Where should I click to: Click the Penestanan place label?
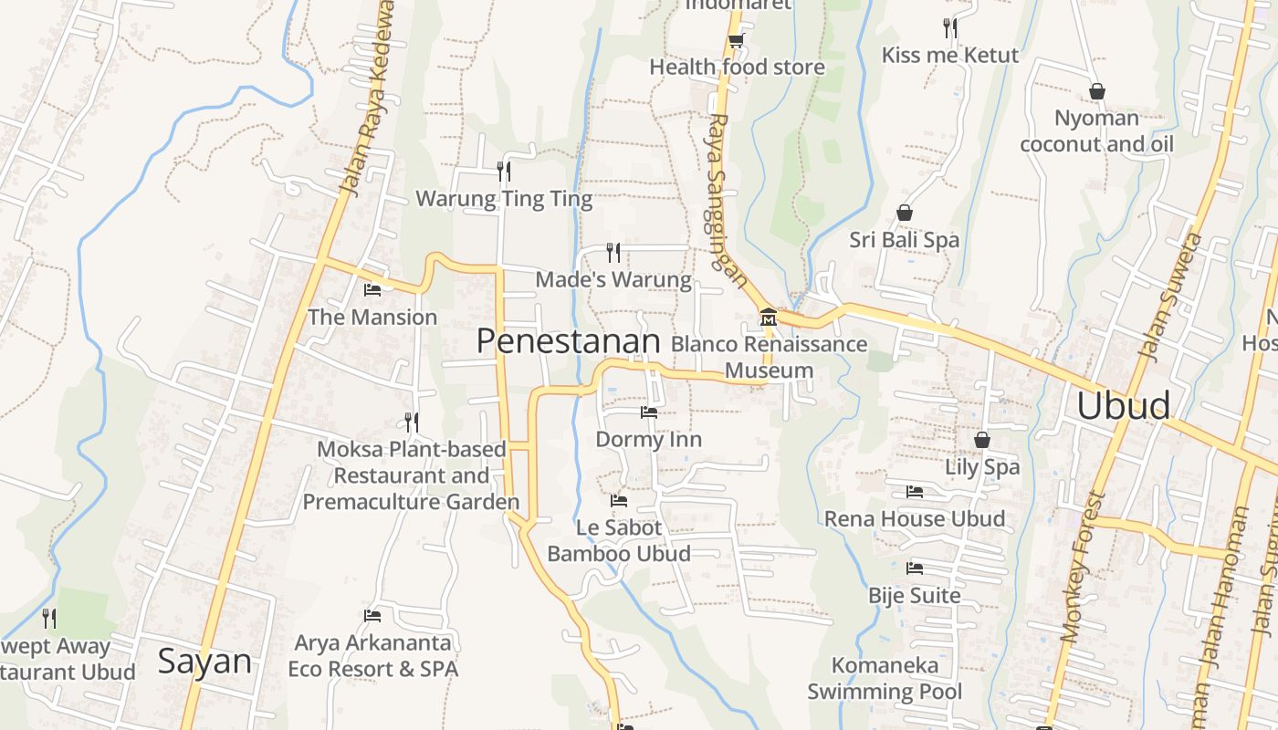[568, 341]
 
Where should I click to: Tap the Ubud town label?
[1123, 406]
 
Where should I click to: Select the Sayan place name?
[204, 662]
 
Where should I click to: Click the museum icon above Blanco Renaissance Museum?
[768, 318]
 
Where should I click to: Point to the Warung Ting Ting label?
[504, 199]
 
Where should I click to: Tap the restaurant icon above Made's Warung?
[613, 252]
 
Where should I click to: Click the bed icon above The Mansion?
[372, 290]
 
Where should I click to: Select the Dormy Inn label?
[648, 440]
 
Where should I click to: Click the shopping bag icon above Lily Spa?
[982, 440]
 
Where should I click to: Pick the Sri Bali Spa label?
[904, 240]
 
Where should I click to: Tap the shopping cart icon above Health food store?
[736, 40]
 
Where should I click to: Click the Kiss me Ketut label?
[949, 56]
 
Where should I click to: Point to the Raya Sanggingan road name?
[726, 200]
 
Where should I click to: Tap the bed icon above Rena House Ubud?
[915, 492]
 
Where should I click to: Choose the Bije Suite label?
[914, 596]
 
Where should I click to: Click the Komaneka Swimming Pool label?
[884, 679]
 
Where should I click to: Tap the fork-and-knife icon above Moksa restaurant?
[412, 422]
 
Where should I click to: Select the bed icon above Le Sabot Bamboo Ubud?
[619, 501]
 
